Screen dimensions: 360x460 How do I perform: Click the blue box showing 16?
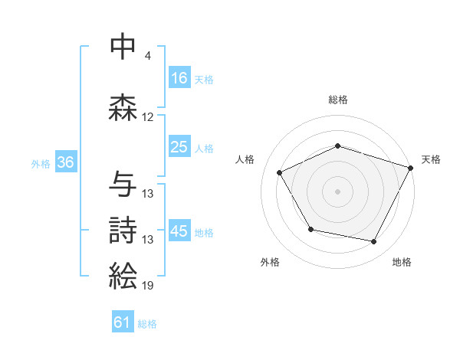tap(179, 78)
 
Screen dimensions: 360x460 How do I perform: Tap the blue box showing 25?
tap(179, 147)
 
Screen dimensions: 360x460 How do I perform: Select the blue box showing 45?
tap(179, 231)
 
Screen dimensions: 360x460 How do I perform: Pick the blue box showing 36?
tap(65, 162)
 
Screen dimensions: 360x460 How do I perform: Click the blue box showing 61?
tap(123, 322)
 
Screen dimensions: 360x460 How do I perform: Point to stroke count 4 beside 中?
tap(148, 57)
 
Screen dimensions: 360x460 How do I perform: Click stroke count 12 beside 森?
tap(148, 117)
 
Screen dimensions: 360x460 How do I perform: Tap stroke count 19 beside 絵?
tap(148, 286)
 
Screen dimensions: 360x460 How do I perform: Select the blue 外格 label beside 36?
tap(41, 163)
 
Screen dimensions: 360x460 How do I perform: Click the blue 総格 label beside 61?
tap(147, 323)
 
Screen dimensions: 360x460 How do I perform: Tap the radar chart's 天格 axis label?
tap(432, 159)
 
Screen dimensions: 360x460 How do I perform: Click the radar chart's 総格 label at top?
tap(337, 100)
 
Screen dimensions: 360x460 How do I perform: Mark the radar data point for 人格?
tap(280, 173)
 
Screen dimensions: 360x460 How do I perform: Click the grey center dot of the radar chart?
tap(337, 191)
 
